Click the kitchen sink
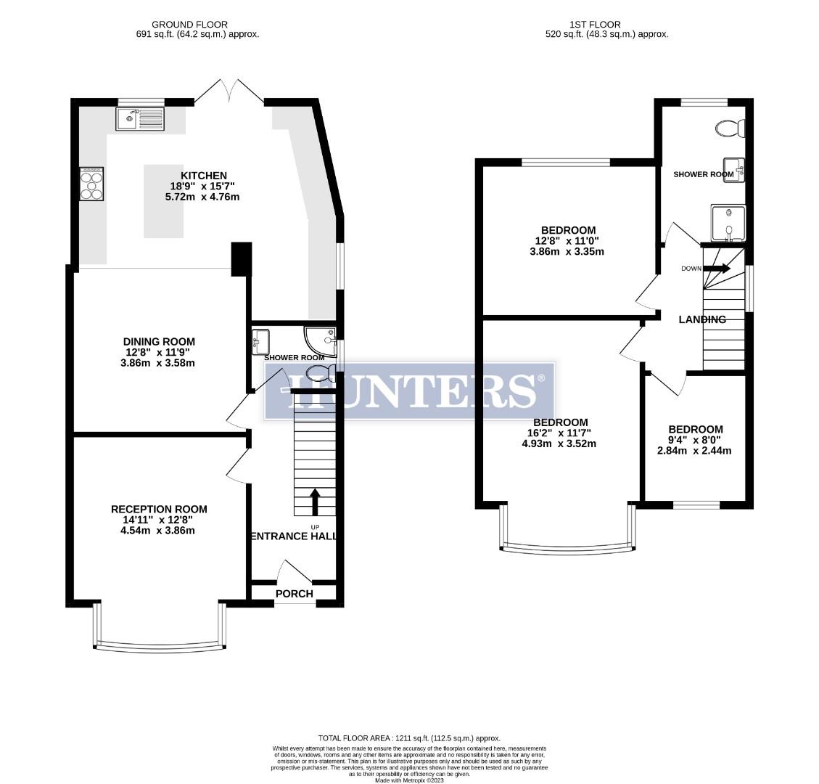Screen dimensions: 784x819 click(139, 118)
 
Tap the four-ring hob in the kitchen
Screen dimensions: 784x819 click(91, 183)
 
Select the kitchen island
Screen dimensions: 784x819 click(163, 201)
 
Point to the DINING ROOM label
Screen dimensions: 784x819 click(159, 342)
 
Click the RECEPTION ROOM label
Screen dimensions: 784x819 click(159, 509)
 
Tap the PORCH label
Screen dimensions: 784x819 click(295, 594)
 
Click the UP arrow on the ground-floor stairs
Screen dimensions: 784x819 click(316, 501)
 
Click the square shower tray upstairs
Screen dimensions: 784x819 click(728, 222)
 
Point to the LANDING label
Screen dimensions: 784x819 click(701, 319)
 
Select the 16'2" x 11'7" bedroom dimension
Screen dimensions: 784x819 click(559, 433)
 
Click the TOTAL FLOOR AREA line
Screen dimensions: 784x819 click(409, 738)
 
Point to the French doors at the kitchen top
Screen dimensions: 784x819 click(229, 91)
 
